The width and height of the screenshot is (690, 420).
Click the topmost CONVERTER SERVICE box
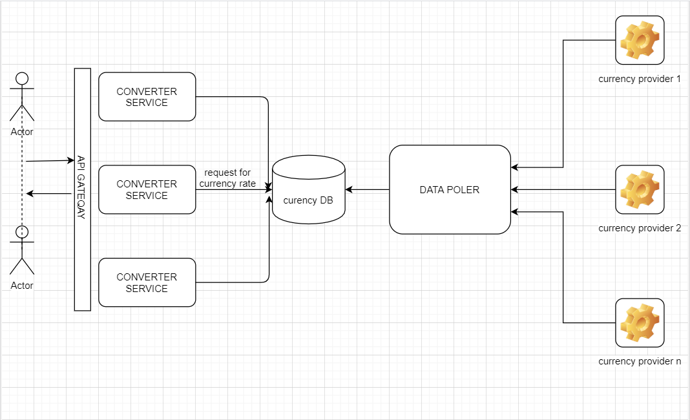pyautogui.click(x=147, y=97)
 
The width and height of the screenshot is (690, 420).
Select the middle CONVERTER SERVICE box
pyautogui.click(x=147, y=189)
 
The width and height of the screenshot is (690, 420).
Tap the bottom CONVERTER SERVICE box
pyautogui.click(x=147, y=282)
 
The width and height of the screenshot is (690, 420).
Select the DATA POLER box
pyautogui.click(x=450, y=189)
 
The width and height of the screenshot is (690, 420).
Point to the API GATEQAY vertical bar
pyautogui.click(x=82, y=189)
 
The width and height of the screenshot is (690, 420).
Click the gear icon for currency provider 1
pyautogui.click(x=640, y=40)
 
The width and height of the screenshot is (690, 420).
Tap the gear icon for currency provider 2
pyautogui.click(x=640, y=189)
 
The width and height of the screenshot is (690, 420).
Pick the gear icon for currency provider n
pyautogui.click(x=640, y=322)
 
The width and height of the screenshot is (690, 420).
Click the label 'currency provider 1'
pyautogui.click(x=640, y=79)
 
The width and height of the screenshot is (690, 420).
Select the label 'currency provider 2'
pyautogui.click(x=640, y=228)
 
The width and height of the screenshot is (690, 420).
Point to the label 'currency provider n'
pyautogui.click(x=640, y=361)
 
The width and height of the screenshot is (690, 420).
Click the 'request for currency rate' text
pyautogui.click(x=227, y=178)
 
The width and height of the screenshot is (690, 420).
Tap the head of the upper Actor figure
pyautogui.click(x=22, y=79)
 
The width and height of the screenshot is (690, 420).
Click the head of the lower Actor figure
pyautogui.click(x=22, y=231)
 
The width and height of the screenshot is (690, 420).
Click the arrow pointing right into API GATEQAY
pyautogui.click(x=50, y=160)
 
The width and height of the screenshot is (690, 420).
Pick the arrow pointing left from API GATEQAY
pyautogui.click(x=50, y=193)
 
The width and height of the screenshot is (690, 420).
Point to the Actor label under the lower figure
pyautogui.click(x=22, y=286)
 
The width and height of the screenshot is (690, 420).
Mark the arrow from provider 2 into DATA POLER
pyautogui.click(x=562, y=189)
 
